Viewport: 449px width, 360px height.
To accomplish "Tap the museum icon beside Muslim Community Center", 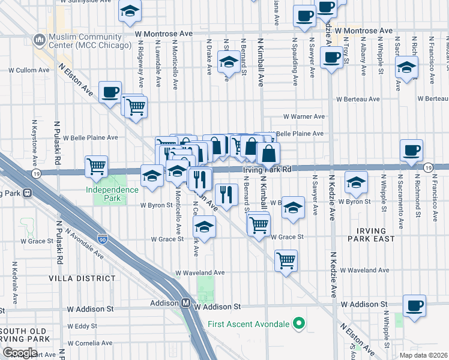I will coord(40,40).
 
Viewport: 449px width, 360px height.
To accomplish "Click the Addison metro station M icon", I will coord(186,304).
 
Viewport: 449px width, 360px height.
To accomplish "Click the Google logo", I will coord(20,352).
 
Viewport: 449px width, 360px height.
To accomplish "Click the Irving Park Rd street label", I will coord(267,170).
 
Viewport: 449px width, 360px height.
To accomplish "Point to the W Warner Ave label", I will coord(304,116).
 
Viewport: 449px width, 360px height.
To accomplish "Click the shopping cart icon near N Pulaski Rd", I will coord(96,166).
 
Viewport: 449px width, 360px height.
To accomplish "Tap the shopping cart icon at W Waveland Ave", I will coord(286,260).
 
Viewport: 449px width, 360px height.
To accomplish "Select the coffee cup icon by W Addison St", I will coord(414,305).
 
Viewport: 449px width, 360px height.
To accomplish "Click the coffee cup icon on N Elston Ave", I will coord(110,92).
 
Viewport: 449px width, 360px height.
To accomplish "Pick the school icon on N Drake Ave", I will coord(228,62).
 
